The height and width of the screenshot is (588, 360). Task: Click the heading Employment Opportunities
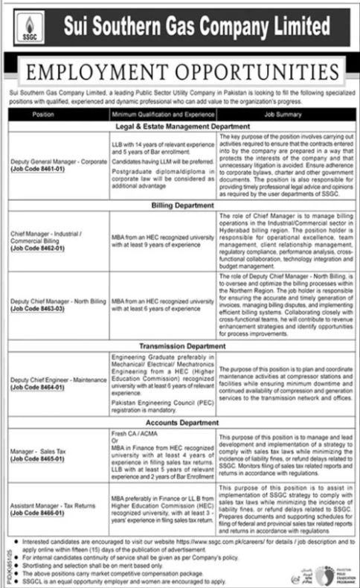point(179,72)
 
